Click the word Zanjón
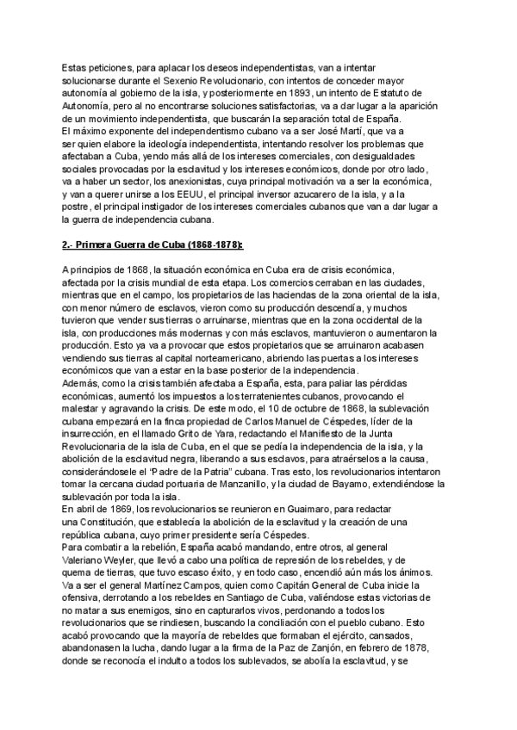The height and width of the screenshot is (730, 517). [346, 650]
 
